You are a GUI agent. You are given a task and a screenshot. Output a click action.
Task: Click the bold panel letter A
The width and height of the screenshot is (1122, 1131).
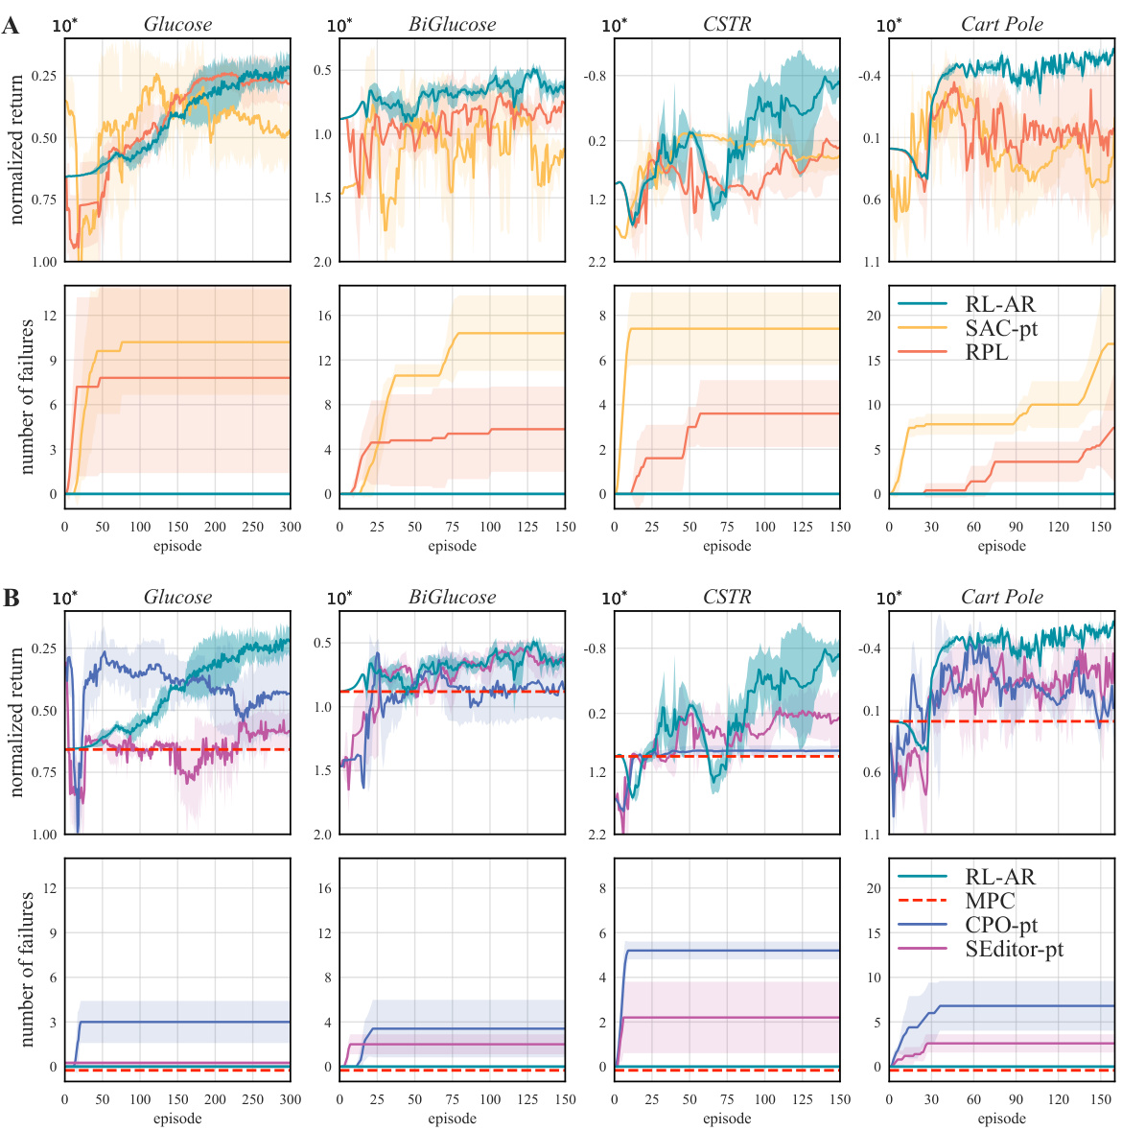11,26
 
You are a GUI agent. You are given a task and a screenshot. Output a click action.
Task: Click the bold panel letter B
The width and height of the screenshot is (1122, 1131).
11,599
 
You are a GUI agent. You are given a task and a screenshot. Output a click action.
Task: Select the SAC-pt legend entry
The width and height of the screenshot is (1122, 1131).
1001,329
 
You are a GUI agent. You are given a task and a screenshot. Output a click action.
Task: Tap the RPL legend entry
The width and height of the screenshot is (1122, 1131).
987,353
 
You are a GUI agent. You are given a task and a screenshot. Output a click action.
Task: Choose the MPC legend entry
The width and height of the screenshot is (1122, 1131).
990,902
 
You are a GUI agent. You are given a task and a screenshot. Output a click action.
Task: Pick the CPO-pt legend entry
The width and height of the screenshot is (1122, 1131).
1001,926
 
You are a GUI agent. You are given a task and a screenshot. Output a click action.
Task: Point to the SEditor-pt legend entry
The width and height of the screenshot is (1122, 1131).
1014,950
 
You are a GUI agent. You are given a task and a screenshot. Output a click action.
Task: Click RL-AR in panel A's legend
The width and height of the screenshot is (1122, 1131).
1000,305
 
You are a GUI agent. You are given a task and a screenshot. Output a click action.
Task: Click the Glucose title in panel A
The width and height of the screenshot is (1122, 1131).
177,25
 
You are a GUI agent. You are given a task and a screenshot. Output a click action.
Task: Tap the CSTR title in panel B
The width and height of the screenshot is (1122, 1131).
727,598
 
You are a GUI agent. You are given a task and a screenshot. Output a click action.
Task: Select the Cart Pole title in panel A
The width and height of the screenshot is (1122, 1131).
1001,25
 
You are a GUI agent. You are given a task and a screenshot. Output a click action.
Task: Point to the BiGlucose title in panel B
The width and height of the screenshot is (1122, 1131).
452,598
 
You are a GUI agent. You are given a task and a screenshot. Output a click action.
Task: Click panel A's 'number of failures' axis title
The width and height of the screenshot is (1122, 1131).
27,397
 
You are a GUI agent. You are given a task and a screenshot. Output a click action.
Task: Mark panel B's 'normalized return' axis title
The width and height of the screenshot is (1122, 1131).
16,721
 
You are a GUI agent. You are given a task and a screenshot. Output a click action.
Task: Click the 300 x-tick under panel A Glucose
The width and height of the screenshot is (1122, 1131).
290,527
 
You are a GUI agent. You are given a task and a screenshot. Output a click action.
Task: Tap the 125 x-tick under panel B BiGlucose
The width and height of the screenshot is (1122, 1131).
527,1099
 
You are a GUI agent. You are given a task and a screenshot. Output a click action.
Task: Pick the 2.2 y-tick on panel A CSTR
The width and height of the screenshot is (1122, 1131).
596,262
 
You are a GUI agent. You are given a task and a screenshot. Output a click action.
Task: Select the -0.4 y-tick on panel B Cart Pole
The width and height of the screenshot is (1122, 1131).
869,649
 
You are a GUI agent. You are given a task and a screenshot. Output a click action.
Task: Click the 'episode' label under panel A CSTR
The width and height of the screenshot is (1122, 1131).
727,546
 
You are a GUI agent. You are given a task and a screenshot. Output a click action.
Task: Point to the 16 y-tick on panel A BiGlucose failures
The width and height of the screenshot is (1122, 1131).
325,316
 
